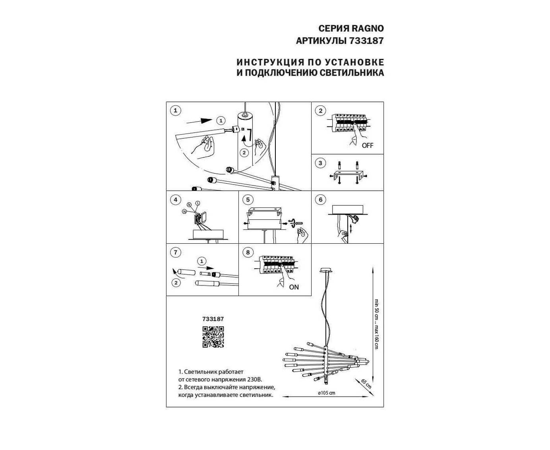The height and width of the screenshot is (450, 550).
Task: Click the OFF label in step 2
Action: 368,145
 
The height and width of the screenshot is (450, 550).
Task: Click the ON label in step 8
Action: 294,287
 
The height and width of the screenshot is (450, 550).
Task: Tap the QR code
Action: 213,337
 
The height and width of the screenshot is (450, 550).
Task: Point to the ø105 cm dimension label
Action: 327,393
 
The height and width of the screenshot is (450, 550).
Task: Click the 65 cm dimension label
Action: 366,384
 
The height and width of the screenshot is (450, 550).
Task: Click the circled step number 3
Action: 320,163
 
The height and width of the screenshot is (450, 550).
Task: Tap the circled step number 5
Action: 248,200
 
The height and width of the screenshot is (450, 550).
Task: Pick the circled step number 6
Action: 320,200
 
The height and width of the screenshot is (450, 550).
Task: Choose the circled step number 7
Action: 175,252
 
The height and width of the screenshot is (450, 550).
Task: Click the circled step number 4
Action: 175,200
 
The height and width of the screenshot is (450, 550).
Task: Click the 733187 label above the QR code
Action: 213,319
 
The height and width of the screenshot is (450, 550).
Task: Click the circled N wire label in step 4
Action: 184,211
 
